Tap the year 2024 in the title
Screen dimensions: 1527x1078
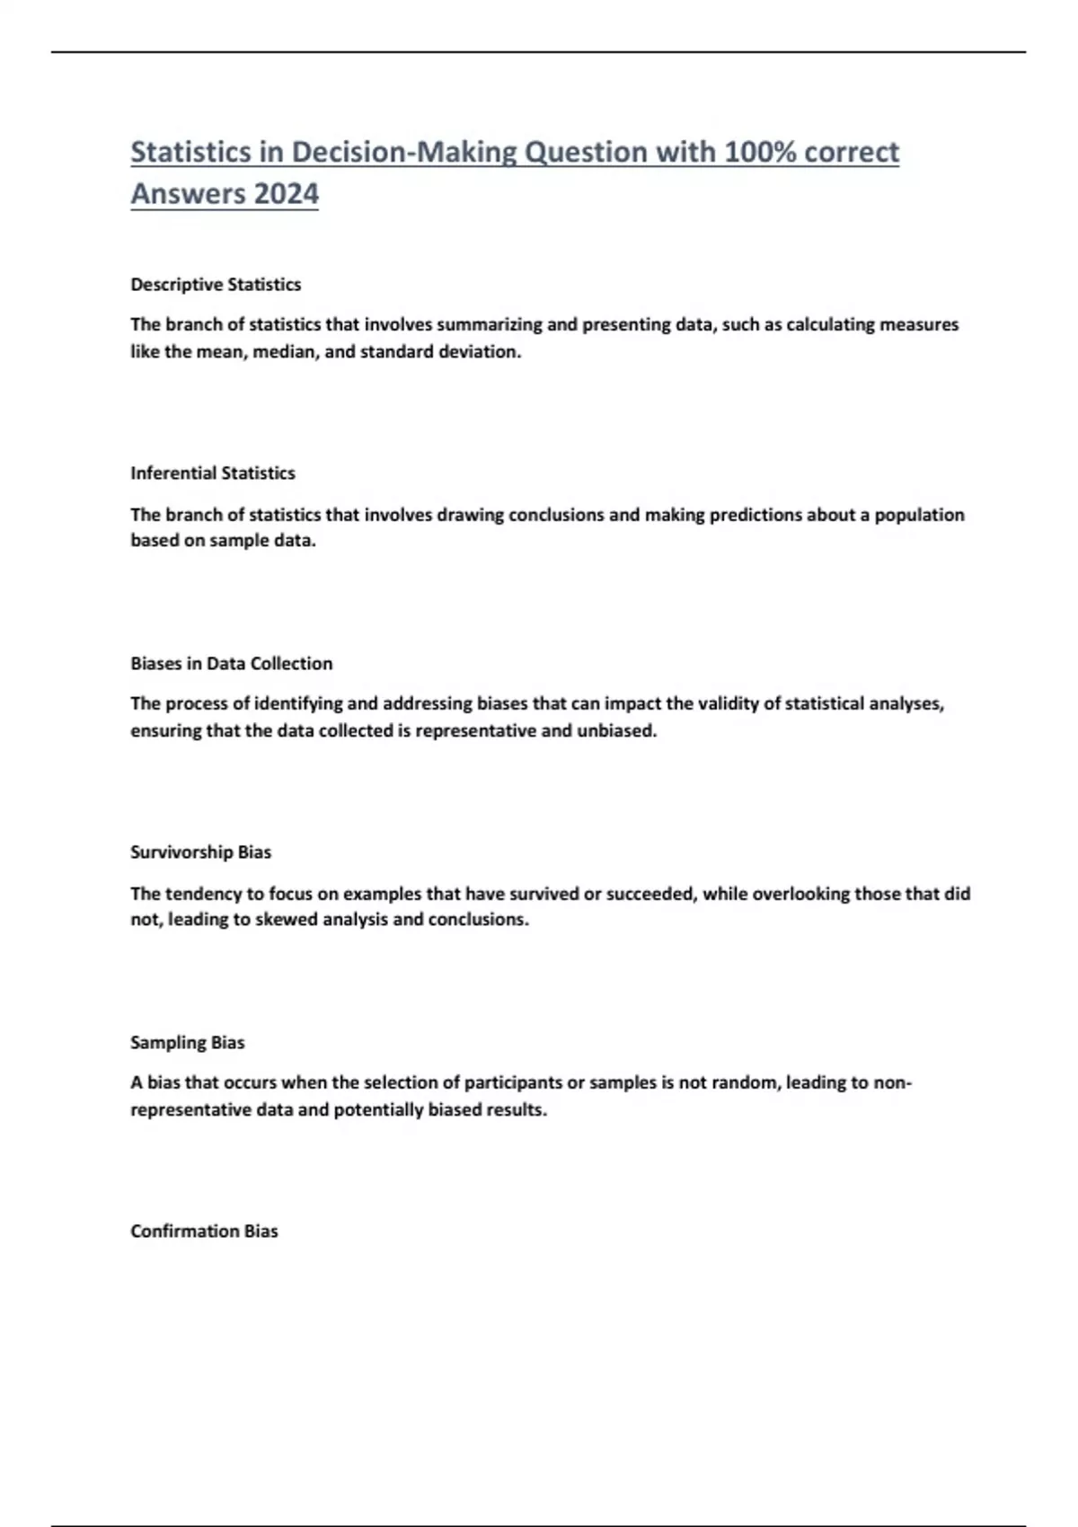click(286, 193)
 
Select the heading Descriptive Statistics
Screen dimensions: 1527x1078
click(216, 285)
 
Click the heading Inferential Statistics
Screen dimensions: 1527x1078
click(213, 473)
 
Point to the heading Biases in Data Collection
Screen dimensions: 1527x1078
click(232, 664)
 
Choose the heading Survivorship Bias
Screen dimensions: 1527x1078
click(200, 852)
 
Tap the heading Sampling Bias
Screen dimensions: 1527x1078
click(188, 1043)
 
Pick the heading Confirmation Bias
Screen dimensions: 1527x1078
click(204, 1231)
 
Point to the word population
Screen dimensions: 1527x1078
click(919, 515)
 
